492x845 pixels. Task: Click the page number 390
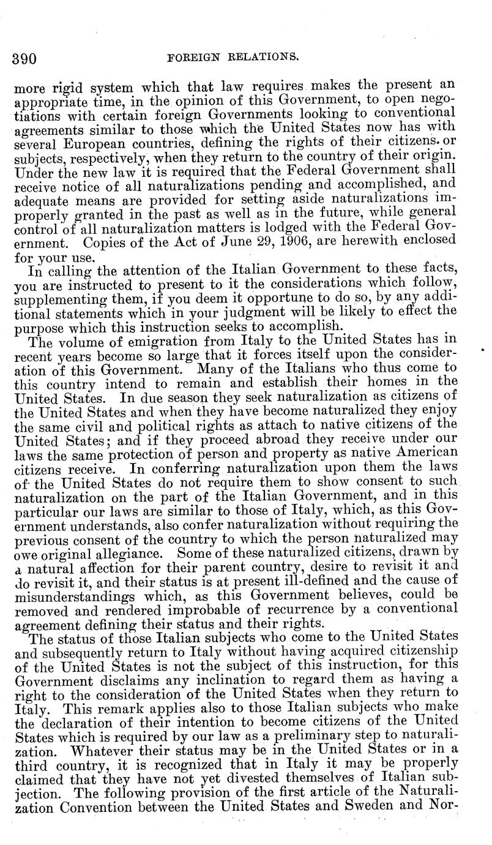tap(24, 59)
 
